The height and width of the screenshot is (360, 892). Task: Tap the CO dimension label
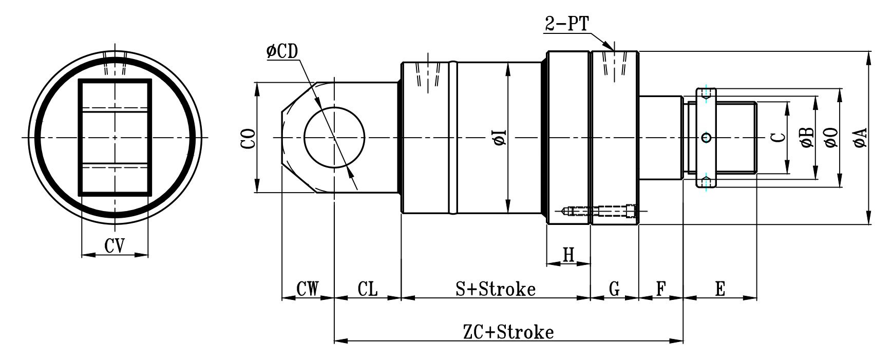249,138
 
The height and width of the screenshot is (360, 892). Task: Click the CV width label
115,246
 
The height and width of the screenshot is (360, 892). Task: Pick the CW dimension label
308,289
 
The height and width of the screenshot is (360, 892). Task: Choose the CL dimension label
367,289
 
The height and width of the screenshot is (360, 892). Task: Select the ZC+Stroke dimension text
508,332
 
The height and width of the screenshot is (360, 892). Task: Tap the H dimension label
568,255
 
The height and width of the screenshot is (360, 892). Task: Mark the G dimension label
614,289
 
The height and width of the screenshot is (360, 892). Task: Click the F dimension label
660,289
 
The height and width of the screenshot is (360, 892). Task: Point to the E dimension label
720,289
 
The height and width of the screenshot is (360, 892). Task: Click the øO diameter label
832,138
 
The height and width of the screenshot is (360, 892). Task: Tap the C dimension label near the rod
779,138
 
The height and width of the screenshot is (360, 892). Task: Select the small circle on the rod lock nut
706,137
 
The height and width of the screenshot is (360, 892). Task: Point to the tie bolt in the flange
601,211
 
